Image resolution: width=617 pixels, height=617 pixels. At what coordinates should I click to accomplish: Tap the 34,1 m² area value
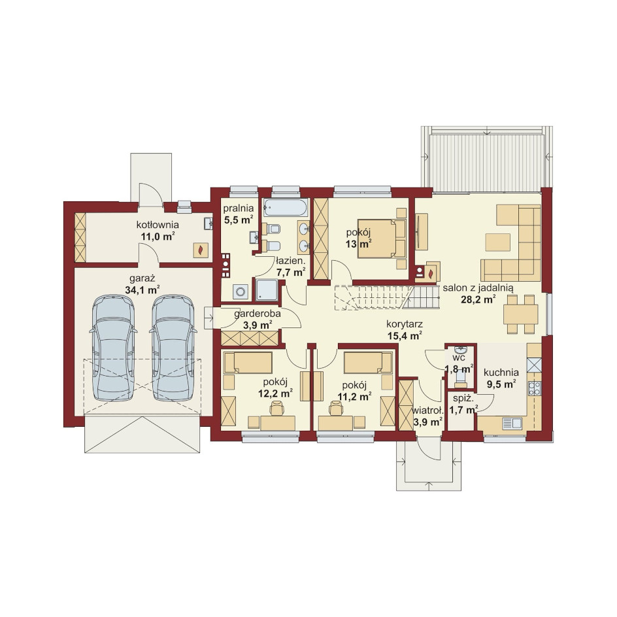(142, 290)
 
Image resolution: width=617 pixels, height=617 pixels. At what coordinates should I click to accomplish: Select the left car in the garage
(113, 348)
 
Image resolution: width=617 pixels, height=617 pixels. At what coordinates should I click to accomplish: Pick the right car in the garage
(173, 348)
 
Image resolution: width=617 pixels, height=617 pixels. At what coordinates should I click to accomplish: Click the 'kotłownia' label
(158, 225)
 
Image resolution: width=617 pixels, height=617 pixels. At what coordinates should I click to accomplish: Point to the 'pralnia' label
(239, 208)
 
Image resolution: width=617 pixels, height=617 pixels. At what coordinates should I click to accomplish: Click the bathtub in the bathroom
(286, 207)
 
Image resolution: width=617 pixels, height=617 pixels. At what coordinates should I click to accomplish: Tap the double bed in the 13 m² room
(382, 239)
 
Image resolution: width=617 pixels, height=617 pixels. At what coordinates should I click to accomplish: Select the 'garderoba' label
(258, 314)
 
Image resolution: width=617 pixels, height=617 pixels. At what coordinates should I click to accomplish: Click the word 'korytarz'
(405, 324)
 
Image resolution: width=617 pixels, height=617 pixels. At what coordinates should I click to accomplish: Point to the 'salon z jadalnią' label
(478, 288)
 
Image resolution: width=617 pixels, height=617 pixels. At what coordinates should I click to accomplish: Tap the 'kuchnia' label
(501, 373)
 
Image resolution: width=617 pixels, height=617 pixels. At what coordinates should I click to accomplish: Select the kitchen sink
(512, 424)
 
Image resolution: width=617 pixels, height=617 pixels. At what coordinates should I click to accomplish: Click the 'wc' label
(459, 358)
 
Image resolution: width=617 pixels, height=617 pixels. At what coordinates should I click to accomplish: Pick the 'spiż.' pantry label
(461, 399)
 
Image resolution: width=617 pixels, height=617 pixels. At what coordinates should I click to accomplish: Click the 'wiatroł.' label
(427, 410)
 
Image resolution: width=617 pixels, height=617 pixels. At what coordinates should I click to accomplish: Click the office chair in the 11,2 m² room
(336, 409)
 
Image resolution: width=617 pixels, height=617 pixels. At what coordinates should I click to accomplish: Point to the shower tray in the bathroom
(267, 290)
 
